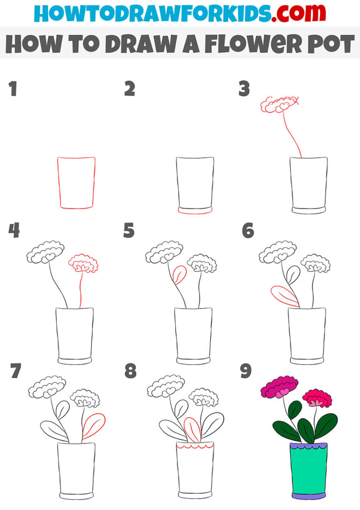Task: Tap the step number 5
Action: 129,231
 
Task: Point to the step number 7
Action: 15,372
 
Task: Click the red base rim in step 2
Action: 195,212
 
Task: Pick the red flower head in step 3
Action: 280,104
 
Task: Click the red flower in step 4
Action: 83,264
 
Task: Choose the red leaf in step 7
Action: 94,426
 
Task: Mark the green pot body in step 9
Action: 308,469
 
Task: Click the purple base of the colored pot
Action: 309,495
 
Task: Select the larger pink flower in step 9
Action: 279,387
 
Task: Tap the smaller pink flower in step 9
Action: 317,398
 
